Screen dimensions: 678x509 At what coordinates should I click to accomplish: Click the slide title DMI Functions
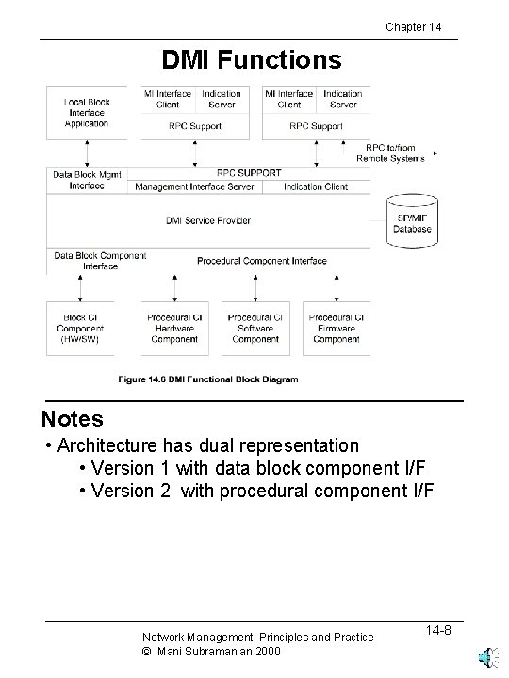(252, 61)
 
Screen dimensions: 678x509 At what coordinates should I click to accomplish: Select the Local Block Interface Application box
(87, 112)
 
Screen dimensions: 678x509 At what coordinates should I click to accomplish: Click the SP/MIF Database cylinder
(411, 221)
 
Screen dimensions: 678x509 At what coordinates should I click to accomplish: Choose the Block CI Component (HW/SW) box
(80, 328)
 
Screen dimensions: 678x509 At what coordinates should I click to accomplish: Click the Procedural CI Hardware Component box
(174, 328)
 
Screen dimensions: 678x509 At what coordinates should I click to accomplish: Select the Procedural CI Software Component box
(255, 328)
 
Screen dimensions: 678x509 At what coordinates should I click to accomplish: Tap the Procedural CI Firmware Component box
(337, 328)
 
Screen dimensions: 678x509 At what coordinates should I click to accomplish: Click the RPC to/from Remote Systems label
(390, 153)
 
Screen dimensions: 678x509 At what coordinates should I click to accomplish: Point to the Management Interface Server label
(194, 186)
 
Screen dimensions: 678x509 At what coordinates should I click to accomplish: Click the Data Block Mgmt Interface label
(87, 180)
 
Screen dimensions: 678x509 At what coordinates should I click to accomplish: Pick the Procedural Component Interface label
(262, 260)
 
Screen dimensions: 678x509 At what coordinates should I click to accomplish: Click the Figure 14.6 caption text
(207, 379)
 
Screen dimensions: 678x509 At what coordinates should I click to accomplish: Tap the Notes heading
(73, 418)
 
